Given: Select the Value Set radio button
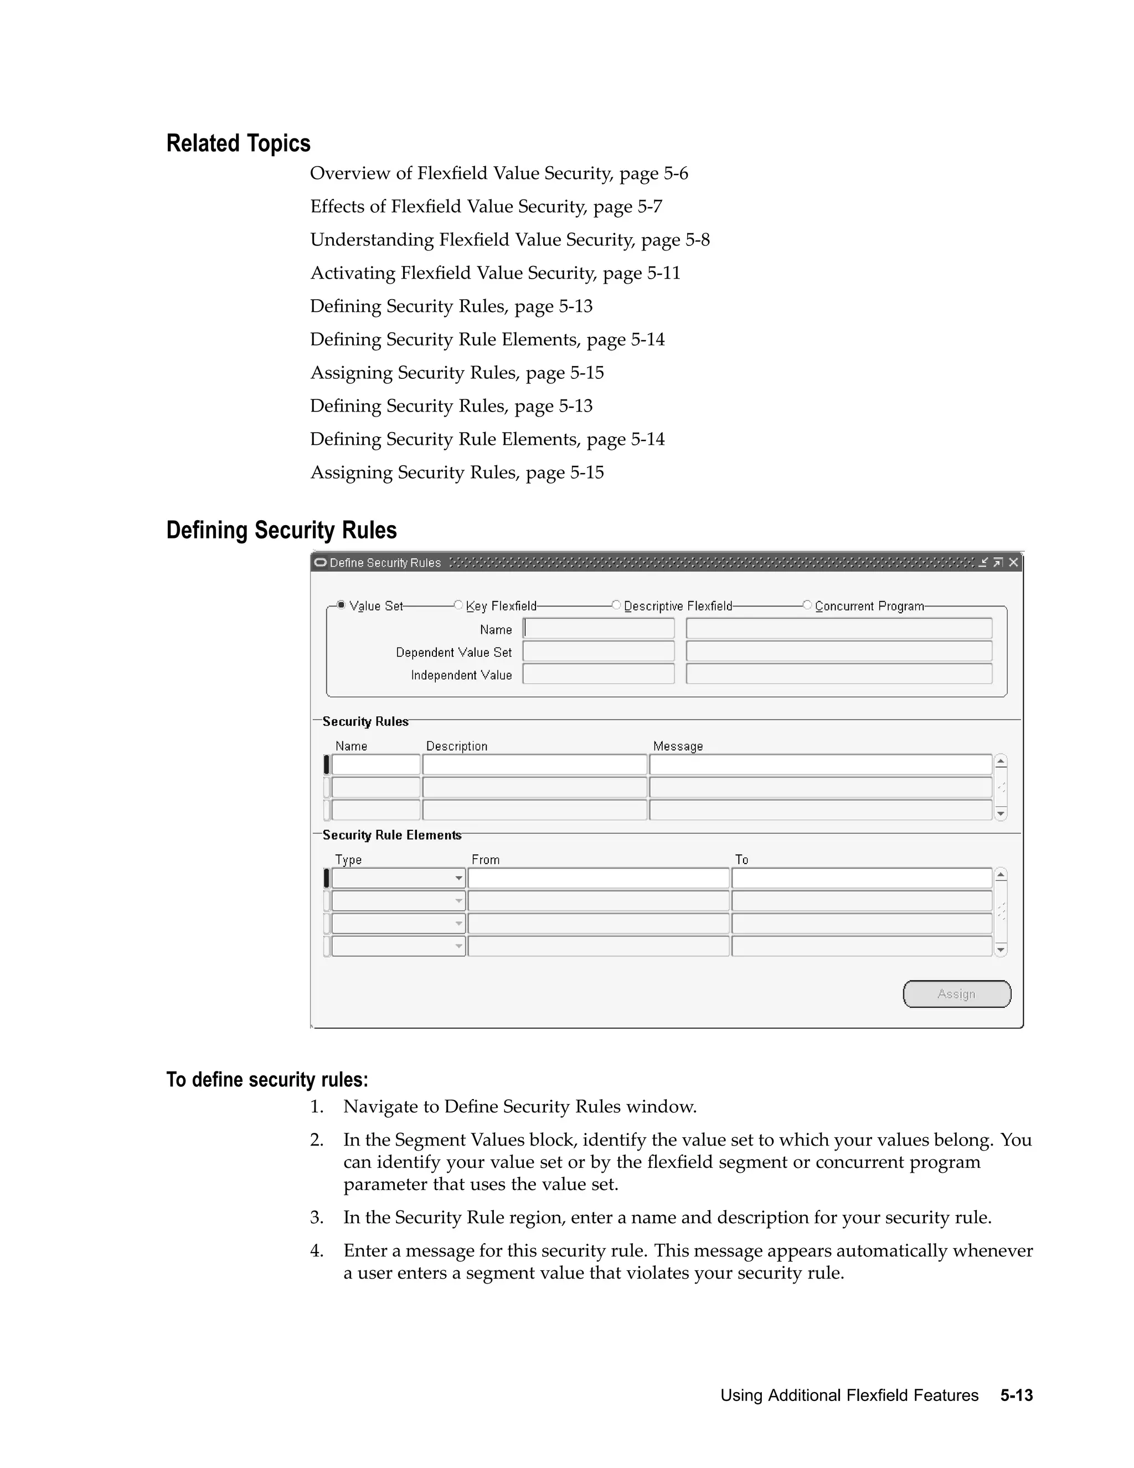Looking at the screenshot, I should coord(341,605).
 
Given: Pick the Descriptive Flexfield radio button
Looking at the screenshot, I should coord(616,605).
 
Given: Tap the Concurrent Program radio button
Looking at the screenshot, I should coord(807,605).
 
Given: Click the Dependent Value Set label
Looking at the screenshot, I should coord(453,652).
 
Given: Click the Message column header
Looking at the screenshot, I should coord(678,746).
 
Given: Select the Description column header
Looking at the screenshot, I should coord(457,746).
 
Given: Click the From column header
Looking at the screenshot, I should coord(485,860).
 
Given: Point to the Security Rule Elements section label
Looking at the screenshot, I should coord(391,835).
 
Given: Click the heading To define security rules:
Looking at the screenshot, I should coord(267,1080).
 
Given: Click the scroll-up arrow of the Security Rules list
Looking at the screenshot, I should coord(1001,762).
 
